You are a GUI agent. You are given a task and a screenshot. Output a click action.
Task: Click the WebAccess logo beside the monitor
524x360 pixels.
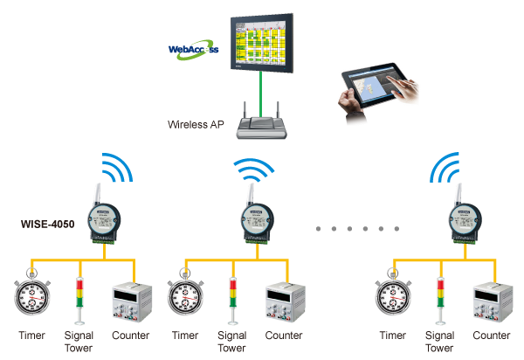coord(193,52)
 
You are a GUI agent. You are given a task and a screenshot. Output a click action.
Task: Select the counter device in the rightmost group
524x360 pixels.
coord(492,301)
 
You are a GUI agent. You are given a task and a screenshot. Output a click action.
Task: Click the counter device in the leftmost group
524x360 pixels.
coord(131,301)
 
